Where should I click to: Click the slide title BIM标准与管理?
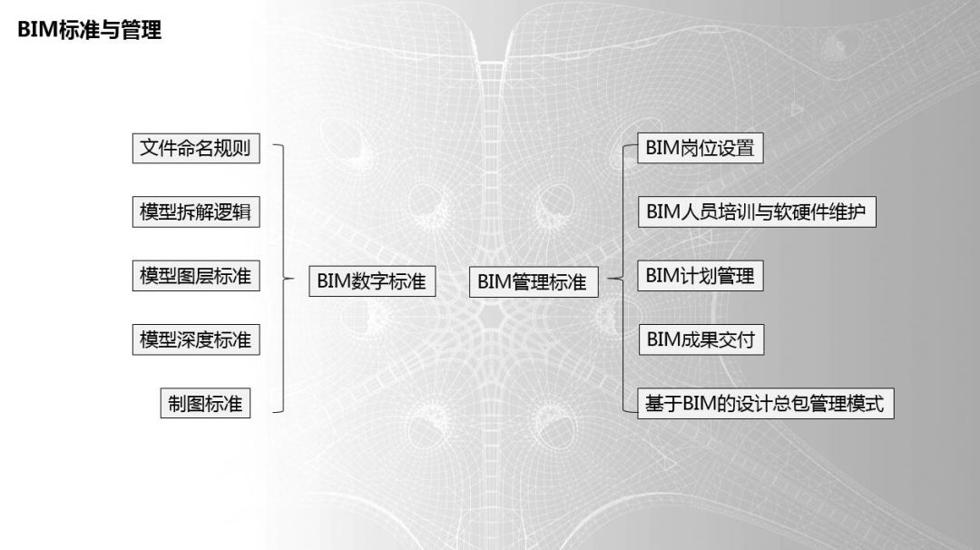pos(89,29)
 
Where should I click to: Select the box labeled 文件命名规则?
pos(196,148)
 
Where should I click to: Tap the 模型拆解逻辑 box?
pos(196,211)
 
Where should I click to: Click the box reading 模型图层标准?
pos(196,276)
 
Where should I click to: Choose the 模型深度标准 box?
pos(196,339)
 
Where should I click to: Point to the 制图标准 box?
pos(206,403)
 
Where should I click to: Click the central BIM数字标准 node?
pos(373,280)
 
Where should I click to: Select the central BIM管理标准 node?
pos(534,281)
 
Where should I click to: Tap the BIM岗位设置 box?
pos(700,148)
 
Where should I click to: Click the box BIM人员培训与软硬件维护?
pos(757,211)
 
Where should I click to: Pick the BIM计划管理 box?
pos(700,276)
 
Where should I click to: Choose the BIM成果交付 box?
pos(701,339)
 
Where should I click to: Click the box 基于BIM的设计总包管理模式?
pos(766,403)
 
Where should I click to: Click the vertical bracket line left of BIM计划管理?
pos(623,279)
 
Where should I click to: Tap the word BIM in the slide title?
pos(37,30)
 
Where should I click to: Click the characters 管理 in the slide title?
pos(142,29)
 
